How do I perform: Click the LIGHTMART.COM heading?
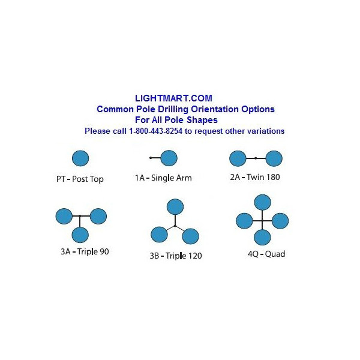173,98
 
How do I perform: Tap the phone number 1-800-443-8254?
155,131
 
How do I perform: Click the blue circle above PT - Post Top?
80,158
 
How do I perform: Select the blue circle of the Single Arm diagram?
169,158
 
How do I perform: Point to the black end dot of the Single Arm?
151,158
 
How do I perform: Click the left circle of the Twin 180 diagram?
238,158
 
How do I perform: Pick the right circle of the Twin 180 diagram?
274,158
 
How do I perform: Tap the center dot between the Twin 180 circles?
256,158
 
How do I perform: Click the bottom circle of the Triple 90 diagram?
80,235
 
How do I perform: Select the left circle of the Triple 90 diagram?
64,216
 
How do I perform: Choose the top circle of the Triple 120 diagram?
175,207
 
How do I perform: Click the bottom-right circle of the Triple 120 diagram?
191,236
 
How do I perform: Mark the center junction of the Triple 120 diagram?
175,226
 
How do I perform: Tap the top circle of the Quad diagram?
263,203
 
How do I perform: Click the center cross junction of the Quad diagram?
262,221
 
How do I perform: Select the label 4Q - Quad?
266,254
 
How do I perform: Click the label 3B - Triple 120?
176,256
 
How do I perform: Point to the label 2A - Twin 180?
255,177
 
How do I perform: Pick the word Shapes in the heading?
202,120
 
